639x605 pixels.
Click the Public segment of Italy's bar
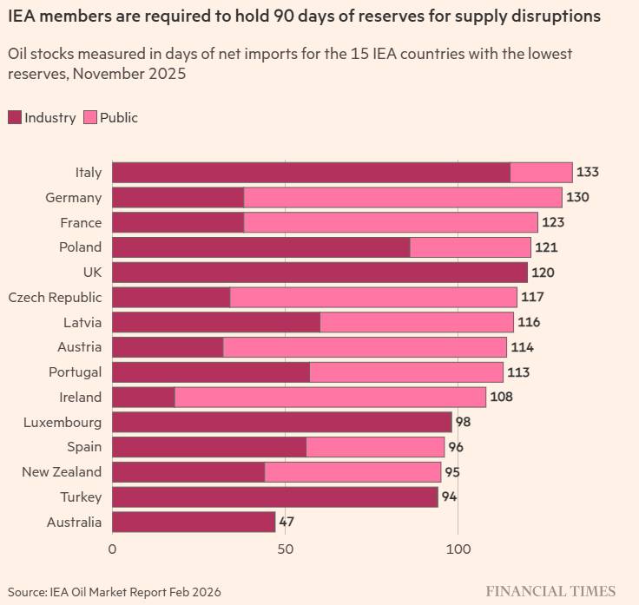click(x=541, y=172)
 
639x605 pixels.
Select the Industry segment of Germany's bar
click(x=178, y=197)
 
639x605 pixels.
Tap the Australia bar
click(x=194, y=522)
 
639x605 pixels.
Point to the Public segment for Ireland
click(x=330, y=397)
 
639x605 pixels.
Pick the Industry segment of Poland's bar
click(x=260, y=247)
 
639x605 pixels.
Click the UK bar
click(x=319, y=272)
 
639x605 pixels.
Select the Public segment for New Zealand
click(x=352, y=472)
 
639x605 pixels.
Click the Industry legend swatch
click(x=14, y=118)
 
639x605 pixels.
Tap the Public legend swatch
click(x=90, y=118)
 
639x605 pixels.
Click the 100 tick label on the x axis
click(x=458, y=549)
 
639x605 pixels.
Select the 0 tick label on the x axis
click(x=112, y=549)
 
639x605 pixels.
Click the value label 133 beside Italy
click(x=588, y=172)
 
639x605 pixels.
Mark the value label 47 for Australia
click(x=287, y=522)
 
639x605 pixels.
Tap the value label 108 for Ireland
click(x=502, y=397)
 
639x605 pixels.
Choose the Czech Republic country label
click(x=55, y=297)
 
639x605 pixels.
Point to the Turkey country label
click(x=82, y=497)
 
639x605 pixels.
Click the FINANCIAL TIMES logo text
click(x=550, y=591)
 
